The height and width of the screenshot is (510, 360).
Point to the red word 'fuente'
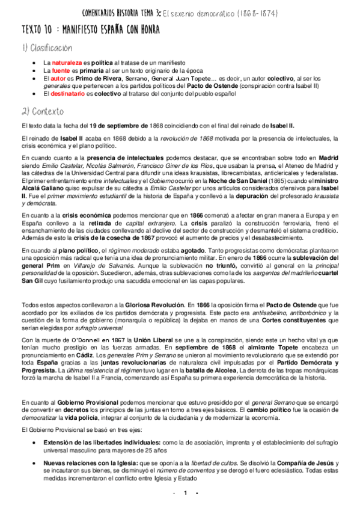coord(62,70)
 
